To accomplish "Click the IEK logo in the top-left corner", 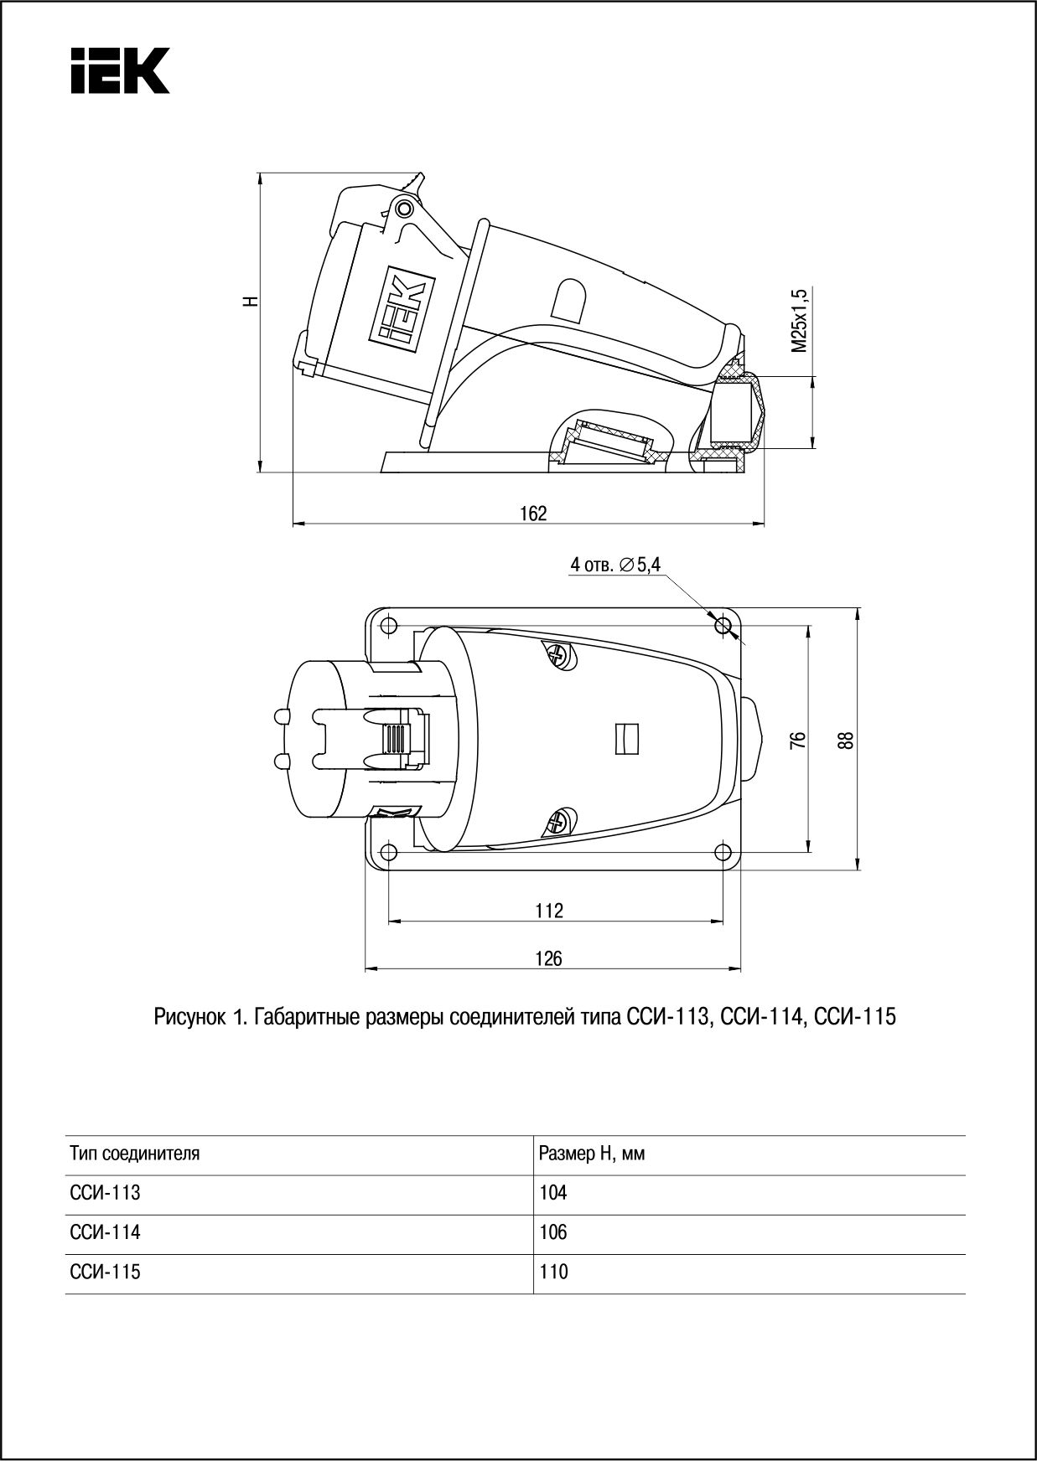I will [x=120, y=70].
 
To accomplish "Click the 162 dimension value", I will [x=533, y=514].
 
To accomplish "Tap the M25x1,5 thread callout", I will [x=800, y=321].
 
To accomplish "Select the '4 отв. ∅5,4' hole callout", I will [x=615, y=565].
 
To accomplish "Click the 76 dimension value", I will [x=799, y=739].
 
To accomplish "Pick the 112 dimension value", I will [x=549, y=910].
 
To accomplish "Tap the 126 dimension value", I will [x=549, y=958].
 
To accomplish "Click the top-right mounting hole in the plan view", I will [x=723, y=625].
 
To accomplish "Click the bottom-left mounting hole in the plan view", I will [x=388, y=853].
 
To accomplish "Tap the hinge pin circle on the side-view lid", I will [x=405, y=208].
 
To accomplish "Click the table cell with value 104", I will [x=553, y=1193].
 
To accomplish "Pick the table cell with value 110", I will [x=553, y=1272].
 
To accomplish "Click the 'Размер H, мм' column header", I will [x=591, y=1154].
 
